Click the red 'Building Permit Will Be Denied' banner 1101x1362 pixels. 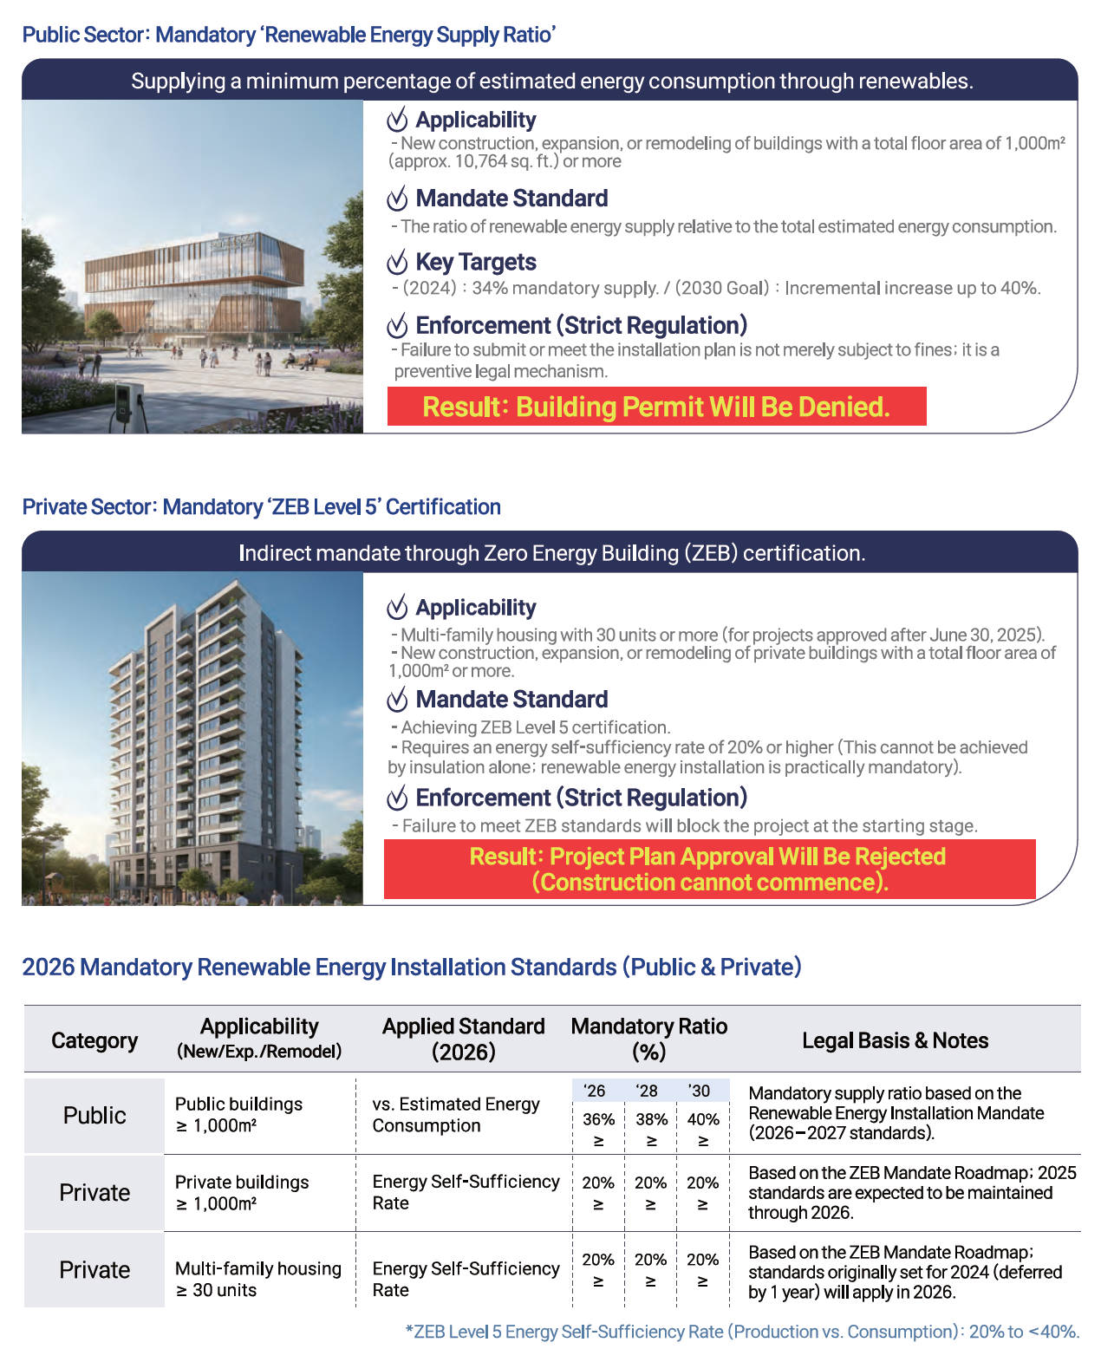pyautogui.click(x=656, y=407)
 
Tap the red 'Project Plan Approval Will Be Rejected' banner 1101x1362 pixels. pyautogui.click(x=709, y=869)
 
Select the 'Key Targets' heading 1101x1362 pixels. pyautogui.click(x=475, y=262)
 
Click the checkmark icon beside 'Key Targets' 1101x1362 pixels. pyautogui.click(x=397, y=262)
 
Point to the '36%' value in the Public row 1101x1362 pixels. pyautogui.click(x=598, y=1119)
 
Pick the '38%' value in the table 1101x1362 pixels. pyautogui.click(x=651, y=1119)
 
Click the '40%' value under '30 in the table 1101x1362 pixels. pyautogui.click(x=703, y=1119)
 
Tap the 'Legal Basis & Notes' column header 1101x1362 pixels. pyautogui.click(x=895, y=1040)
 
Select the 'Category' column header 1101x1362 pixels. pyautogui.click(x=94, y=1040)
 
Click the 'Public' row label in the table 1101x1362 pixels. pyautogui.click(x=94, y=1115)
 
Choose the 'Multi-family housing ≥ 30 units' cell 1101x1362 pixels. pyautogui.click(x=257, y=1279)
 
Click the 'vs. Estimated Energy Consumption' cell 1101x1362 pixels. pyautogui.click(x=456, y=1114)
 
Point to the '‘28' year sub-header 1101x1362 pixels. pyautogui.click(x=647, y=1091)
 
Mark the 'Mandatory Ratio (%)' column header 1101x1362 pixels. pyautogui.click(x=648, y=1039)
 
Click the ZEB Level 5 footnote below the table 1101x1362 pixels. pyautogui.click(x=742, y=1332)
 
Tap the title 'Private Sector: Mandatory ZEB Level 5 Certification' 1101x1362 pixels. pyautogui.click(x=261, y=506)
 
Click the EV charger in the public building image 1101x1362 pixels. pyautogui.click(x=124, y=404)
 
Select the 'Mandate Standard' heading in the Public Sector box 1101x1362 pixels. pyautogui.click(x=511, y=199)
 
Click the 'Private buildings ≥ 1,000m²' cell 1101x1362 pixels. pyautogui.click(x=242, y=1192)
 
